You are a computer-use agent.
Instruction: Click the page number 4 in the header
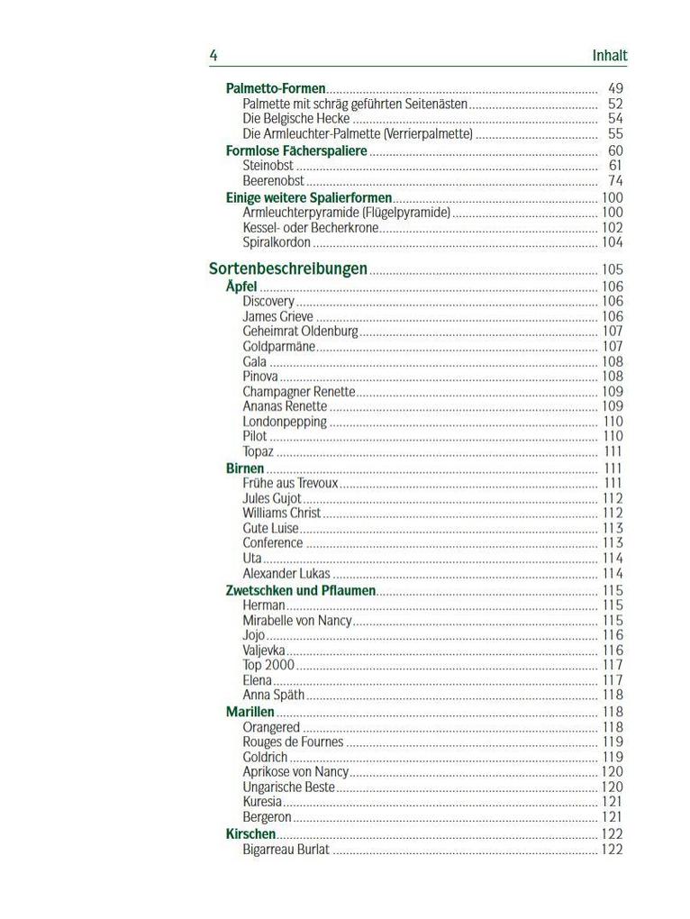(213, 56)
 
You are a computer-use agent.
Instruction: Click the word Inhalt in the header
(609, 56)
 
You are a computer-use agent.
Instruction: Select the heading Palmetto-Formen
(276, 89)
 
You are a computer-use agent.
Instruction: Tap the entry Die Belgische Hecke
(295, 119)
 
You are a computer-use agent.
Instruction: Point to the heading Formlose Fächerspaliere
(296, 150)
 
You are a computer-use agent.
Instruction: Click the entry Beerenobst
(273, 181)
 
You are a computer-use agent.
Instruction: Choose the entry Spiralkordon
(277, 242)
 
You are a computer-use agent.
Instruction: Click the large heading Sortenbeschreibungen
(288, 268)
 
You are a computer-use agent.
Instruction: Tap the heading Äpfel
(241, 287)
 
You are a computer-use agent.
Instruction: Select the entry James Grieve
(277, 316)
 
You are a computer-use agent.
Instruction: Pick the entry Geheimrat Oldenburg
(300, 332)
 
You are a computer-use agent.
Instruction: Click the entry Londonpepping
(285, 422)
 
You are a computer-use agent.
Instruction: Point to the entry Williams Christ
(281, 514)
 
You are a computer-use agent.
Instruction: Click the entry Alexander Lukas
(286, 574)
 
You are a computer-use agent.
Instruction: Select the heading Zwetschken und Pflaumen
(300, 591)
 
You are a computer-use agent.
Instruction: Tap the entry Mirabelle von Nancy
(297, 621)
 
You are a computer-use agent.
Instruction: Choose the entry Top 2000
(268, 666)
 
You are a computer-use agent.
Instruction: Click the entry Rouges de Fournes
(293, 742)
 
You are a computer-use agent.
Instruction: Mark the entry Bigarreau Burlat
(286, 850)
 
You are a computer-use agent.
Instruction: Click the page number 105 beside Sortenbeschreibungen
(612, 269)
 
